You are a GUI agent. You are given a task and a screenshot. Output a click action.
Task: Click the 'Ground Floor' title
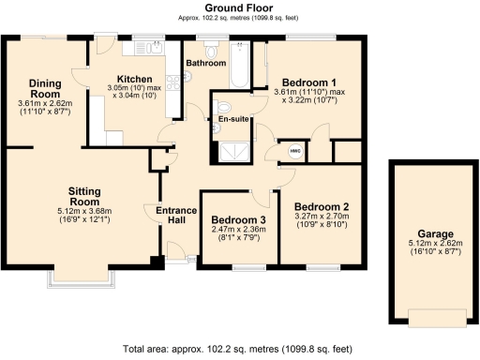click(x=239, y=7)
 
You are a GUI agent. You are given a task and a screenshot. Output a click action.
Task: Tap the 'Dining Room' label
click(x=44, y=89)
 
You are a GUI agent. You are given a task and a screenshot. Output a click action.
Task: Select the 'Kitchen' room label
click(x=134, y=79)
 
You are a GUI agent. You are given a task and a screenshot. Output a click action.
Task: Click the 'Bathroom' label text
click(x=205, y=64)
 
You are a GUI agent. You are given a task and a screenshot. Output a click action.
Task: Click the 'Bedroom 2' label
click(x=322, y=206)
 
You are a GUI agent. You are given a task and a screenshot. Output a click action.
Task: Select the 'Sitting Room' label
click(x=84, y=195)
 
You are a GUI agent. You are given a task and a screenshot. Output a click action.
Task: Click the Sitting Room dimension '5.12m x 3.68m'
click(x=84, y=211)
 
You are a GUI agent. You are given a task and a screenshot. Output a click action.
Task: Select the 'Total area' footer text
click(x=239, y=348)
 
